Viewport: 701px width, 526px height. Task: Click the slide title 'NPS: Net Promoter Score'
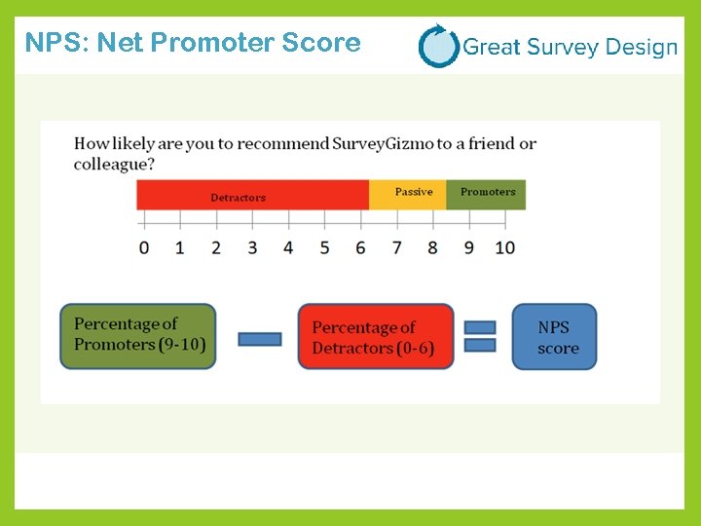coord(193,44)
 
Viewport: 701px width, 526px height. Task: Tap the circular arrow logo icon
coord(438,46)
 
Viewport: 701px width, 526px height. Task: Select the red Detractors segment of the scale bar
coord(252,195)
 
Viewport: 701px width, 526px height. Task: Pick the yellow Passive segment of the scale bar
coord(407,195)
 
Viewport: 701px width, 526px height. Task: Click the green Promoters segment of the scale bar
coord(486,195)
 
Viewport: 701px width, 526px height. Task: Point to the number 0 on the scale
coord(144,247)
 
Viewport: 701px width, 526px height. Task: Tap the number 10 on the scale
coord(504,247)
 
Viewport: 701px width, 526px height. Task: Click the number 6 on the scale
coord(360,247)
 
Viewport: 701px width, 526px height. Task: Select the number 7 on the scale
coord(396,247)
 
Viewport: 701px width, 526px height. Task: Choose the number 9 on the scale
coord(468,247)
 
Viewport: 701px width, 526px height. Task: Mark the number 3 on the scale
coord(252,247)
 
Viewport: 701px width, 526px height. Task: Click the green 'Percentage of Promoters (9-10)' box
coord(138,336)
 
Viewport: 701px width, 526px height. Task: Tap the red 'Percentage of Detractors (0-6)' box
coord(376,337)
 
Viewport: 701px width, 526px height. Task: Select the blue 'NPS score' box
coord(554,337)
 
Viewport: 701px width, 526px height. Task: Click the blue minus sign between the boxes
coord(259,339)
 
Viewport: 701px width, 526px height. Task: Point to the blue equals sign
coord(480,337)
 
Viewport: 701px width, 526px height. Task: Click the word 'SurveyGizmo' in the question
coord(383,144)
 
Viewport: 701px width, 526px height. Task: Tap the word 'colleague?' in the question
coord(109,165)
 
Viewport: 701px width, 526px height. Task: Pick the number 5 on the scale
coord(324,247)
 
